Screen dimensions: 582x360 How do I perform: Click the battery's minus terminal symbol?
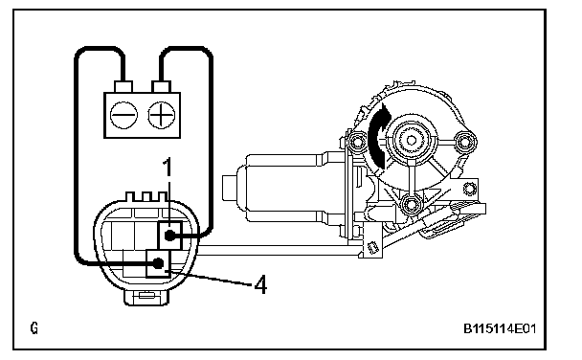pos(123,115)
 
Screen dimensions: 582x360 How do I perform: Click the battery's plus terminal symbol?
pos(162,115)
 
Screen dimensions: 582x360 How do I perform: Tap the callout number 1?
pos(168,167)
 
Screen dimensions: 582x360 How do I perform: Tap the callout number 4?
pos(261,284)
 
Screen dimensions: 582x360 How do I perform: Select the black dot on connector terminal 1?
pos(169,236)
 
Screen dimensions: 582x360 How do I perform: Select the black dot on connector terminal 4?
pos(158,263)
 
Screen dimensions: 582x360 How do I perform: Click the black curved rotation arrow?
pos(379,137)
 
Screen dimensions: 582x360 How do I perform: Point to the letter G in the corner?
pos(34,327)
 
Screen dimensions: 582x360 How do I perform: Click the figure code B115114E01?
pos(500,328)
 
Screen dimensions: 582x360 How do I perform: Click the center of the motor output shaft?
pos(412,141)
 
